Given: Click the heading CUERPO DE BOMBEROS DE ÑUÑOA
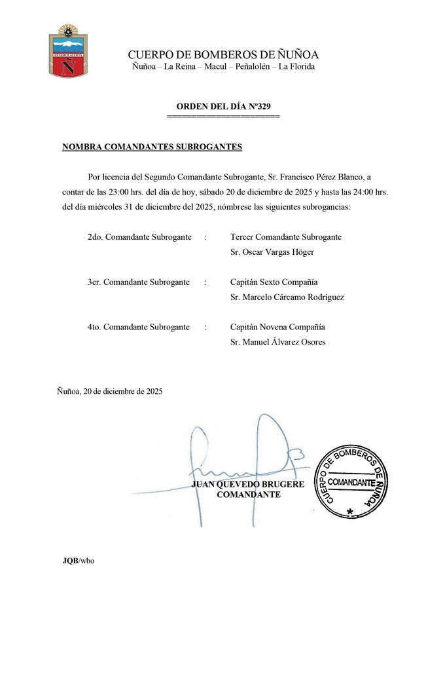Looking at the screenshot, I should click(223, 54).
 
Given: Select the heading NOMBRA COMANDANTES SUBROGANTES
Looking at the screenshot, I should click(152, 147).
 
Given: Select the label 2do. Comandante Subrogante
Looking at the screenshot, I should click(139, 236).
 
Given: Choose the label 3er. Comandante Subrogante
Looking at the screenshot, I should click(138, 282).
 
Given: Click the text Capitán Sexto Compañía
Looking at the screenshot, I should click(274, 282).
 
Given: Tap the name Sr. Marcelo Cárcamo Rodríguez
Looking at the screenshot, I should click(287, 297).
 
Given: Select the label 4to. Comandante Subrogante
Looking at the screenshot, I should click(138, 327).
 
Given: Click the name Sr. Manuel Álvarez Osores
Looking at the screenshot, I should click(278, 341).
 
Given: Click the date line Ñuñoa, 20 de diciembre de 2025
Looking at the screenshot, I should click(110, 392).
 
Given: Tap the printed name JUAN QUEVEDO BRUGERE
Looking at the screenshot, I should click(248, 484).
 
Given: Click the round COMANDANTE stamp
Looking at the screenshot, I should click(351, 482).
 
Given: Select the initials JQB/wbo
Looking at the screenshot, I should click(78, 561).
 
